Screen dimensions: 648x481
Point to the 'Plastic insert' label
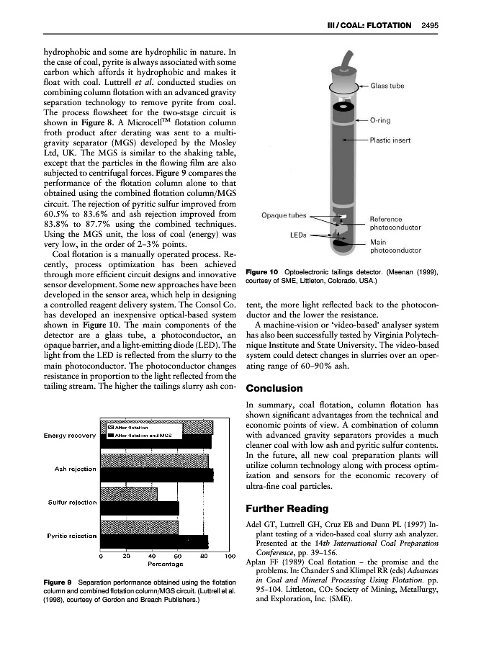[390, 141]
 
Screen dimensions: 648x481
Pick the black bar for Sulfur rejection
[140, 508]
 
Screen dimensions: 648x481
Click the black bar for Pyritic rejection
[154, 541]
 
